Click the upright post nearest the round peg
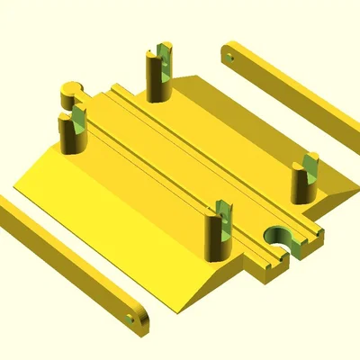tap(71, 131)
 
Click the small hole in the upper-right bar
tap(230, 56)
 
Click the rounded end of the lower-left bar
tap(139, 320)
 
